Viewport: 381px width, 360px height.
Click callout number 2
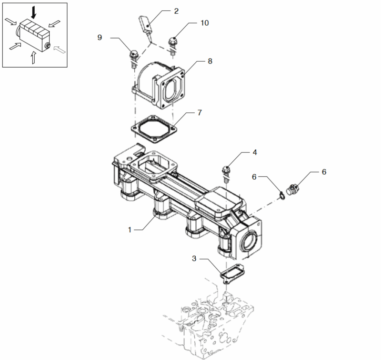click(176, 11)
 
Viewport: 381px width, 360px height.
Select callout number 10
click(205, 23)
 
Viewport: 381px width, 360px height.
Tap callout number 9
click(100, 38)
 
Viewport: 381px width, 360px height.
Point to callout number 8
click(210, 62)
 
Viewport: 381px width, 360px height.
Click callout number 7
click(200, 113)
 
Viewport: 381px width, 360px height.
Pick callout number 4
click(255, 152)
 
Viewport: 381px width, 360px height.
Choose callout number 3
click(194, 258)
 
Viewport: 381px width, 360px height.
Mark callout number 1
click(130, 230)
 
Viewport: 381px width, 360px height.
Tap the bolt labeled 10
click(173, 46)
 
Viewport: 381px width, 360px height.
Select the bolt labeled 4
click(226, 174)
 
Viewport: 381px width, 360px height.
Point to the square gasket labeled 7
click(153, 129)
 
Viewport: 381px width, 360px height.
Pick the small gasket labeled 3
click(232, 274)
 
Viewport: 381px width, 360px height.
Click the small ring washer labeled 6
click(282, 196)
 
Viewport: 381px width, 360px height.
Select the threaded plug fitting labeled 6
click(292, 189)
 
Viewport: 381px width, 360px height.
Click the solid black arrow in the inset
click(33, 13)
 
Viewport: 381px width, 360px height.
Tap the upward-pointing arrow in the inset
click(33, 57)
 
